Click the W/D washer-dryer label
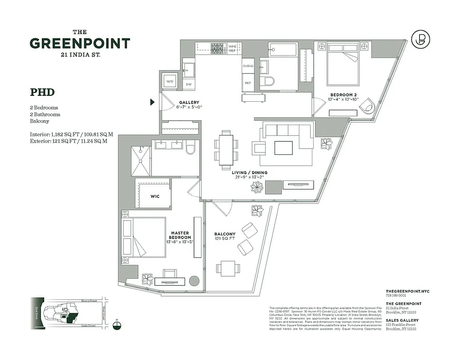[170, 81]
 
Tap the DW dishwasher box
[189, 84]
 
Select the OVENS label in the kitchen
[248, 66]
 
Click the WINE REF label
[233, 49]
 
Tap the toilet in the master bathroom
[190, 147]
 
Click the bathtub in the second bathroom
[283, 49]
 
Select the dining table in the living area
[226, 148]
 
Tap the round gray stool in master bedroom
[194, 281]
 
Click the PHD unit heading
[42, 92]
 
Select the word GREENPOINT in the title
[80, 44]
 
